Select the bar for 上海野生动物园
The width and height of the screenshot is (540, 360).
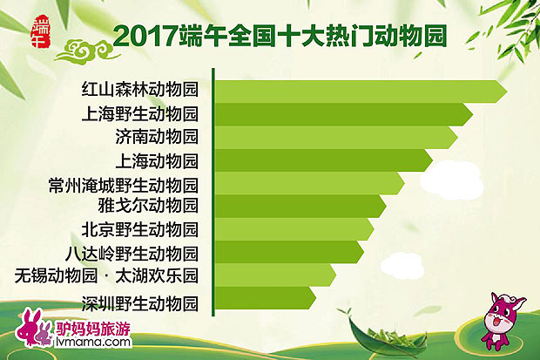340,114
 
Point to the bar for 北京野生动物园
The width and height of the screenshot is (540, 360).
292,229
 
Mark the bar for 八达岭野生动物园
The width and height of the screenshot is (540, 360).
287,252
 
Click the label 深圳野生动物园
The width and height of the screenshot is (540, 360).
139,304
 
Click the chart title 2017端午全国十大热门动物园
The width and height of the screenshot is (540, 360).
280,37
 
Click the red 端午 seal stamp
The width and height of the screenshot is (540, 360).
40,30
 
